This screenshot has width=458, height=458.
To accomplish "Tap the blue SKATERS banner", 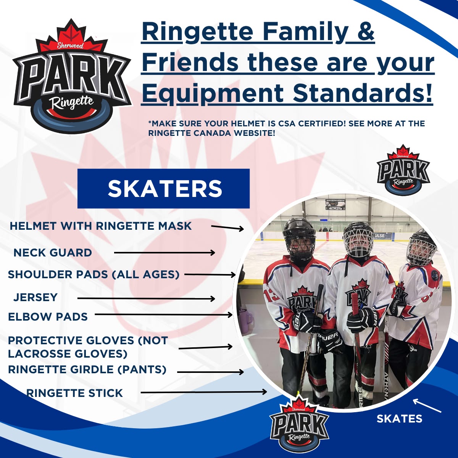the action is click(x=163, y=189).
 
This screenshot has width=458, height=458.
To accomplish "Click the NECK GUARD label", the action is click(x=53, y=253).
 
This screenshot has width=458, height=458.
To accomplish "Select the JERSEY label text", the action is click(x=35, y=297).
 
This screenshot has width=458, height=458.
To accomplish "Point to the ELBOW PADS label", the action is click(x=48, y=316).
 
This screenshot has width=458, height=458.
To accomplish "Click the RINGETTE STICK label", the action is click(x=75, y=393).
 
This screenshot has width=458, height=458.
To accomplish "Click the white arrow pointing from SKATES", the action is click(x=427, y=405).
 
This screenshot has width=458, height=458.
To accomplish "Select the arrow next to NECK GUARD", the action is click(x=164, y=253).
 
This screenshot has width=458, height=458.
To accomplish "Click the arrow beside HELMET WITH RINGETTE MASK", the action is click(x=227, y=228).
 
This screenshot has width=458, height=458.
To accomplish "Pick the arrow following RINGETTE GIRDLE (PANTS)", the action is click(x=211, y=372).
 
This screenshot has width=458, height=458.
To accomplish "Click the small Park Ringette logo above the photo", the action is click(x=403, y=169).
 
